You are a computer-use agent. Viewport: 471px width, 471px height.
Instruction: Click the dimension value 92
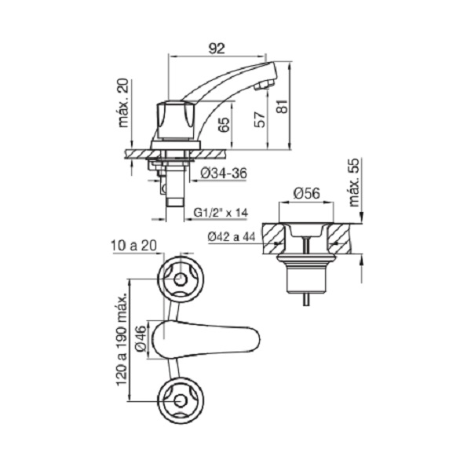[217, 49]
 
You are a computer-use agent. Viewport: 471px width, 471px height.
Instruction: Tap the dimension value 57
[260, 119]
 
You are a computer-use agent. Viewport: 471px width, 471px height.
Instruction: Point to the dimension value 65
[224, 124]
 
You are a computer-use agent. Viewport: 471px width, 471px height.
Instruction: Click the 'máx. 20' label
[123, 103]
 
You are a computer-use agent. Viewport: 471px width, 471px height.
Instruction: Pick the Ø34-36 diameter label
[224, 173]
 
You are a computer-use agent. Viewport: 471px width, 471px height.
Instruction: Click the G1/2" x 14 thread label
[221, 213]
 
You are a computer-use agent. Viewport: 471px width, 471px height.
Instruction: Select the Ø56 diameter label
[306, 193]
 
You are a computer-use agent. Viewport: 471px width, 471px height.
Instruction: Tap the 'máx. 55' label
[354, 182]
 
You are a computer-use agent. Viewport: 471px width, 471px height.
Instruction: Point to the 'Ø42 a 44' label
[232, 237]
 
